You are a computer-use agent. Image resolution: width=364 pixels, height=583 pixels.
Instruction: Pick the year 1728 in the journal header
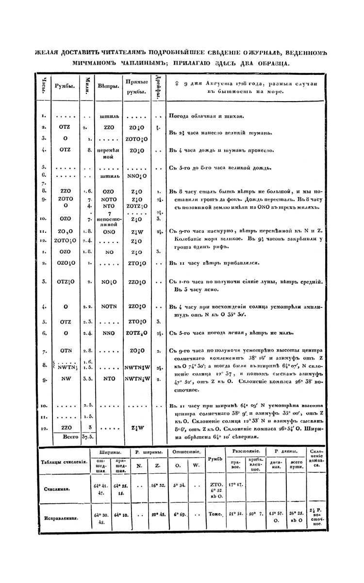click(x=236, y=83)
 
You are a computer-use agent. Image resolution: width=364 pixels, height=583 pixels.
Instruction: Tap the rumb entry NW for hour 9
click(x=65, y=377)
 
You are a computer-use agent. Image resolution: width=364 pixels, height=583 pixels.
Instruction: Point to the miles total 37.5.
click(x=88, y=437)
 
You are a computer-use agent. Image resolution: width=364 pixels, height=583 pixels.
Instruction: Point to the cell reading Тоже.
click(x=215, y=514)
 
